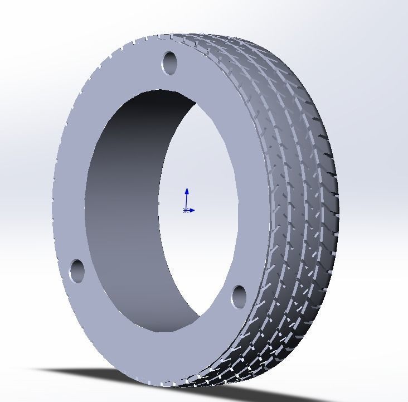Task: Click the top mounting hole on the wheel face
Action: pyautogui.click(x=169, y=62)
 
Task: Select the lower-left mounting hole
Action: pyautogui.click(x=76, y=270)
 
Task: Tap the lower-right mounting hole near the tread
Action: pyautogui.click(x=239, y=296)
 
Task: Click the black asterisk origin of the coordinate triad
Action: pyautogui.click(x=185, y=210)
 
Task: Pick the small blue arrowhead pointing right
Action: pyautogui.click(x=192, y=210)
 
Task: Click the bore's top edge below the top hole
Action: pyautogui.click(x=162, y=90)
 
